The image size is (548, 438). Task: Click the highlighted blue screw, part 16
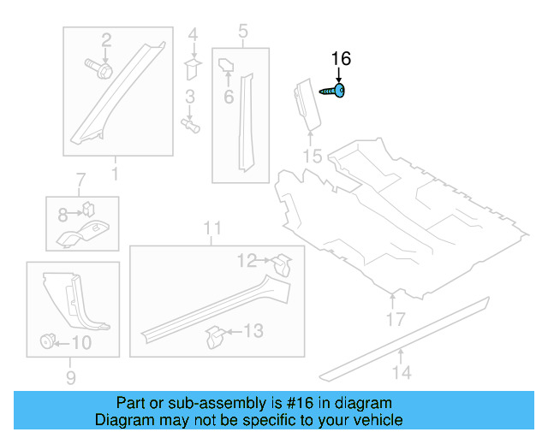(x=334, y=90)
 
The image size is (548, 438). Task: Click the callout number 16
(x=340, y=59)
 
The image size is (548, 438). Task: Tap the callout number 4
(x=193, y=35)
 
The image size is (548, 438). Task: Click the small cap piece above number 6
(x=228, y=64)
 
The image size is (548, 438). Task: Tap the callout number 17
(x=395, y=320)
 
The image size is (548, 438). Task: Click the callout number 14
(x=402, y=372)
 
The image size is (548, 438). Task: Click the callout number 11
(x=212, y=228)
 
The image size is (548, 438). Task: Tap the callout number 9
(x=71, y=376)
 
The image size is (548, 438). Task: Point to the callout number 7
(x=80, y=181)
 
